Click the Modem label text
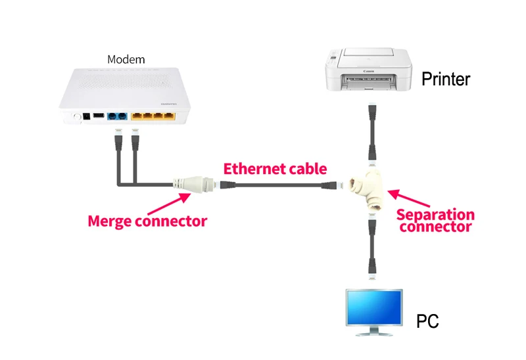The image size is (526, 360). pos(126,60)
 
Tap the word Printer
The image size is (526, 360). pos(446,79)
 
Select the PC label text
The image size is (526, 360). pos(427,321)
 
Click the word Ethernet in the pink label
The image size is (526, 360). pos(254,169)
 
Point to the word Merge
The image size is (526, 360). pos(109,221)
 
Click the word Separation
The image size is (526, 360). pos(435,215)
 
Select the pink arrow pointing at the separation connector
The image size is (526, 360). pos(408,198)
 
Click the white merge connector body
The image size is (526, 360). pos(194,184)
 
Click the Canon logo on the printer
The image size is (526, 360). pos(369,72)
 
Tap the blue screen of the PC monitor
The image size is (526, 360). pos(374,307)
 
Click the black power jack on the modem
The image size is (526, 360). pos(87,117)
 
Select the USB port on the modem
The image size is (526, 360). pos(98,116)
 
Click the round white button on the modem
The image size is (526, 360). pos(77,117)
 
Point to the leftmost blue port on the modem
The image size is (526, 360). pos(112,116)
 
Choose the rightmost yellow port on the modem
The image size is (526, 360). pos(170,116)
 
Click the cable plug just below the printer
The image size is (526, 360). pos(372,113)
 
